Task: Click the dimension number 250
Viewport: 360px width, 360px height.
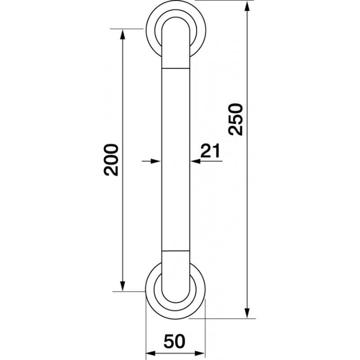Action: (236, 119)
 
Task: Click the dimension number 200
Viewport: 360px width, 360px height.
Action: (111, 160)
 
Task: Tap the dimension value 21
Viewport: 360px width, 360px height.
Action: (210, 151)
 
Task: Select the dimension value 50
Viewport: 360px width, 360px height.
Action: (174, 342)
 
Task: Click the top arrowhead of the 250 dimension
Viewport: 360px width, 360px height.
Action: (247, 6)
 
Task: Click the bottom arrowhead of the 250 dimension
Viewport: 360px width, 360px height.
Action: (247, 313)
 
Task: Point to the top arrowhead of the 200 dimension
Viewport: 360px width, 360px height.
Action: (123, 35)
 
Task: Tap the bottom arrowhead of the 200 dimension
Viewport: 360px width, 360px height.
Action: (123, 286)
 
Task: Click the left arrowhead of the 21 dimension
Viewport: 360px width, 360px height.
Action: (155, 162)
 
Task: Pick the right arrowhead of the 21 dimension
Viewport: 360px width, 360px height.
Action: (196, 162)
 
